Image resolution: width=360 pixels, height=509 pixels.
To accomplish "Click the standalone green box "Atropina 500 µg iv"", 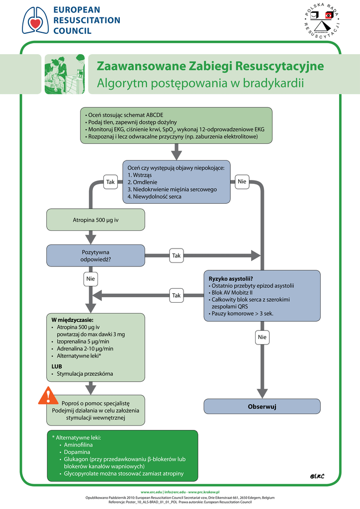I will pos(95,220).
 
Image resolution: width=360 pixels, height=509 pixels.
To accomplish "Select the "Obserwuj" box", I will pos(262,407).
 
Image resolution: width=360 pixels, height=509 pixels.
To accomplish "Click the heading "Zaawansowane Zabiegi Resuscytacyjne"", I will pos(210,66).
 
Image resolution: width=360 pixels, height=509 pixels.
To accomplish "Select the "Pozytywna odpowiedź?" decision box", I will pos(95,255).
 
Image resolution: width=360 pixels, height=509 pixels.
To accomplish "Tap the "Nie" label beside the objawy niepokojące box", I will pos(242,182).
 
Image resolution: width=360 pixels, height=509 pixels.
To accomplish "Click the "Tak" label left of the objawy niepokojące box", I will pos(110,182).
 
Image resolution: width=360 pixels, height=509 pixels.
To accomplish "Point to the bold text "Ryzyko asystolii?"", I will pos(231,278).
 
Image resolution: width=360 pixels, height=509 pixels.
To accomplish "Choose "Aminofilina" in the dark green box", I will pos(78,445).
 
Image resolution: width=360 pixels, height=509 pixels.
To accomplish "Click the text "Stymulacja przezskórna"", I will pos(85,373).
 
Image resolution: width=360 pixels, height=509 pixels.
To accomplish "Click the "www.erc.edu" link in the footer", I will pos(151,491).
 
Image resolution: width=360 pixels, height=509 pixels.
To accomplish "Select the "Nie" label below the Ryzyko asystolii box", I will pos(262,338).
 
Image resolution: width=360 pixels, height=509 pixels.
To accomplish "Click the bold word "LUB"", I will pos(57,366).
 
